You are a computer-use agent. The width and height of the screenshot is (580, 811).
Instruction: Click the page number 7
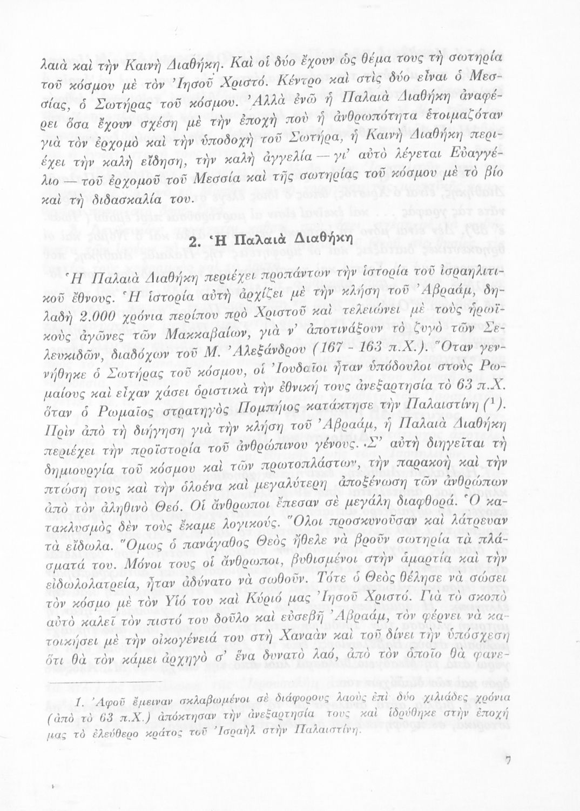tap(508, 760)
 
